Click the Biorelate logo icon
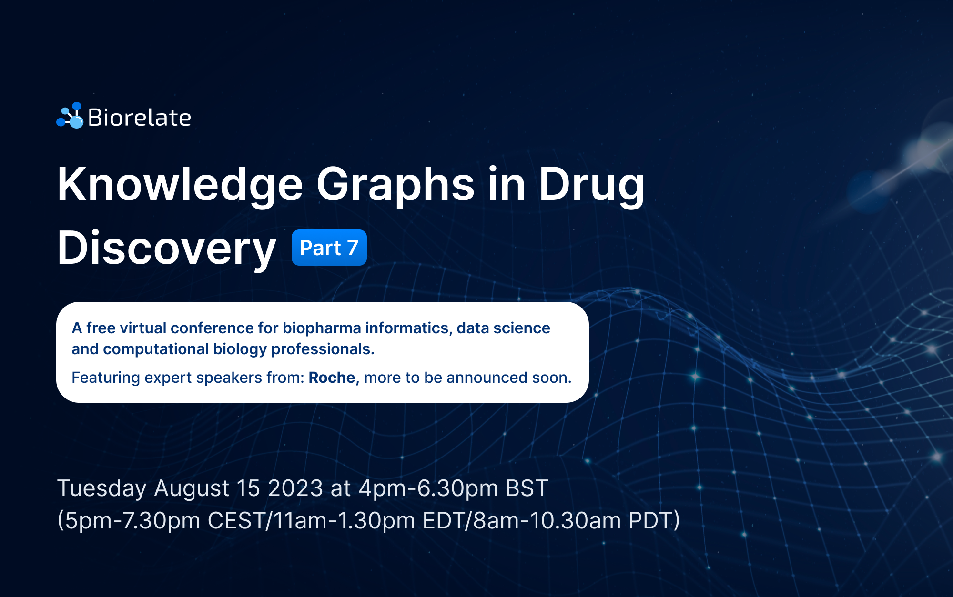70,115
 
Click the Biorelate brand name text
140,118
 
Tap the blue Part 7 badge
329,248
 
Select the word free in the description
101,328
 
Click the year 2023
295,488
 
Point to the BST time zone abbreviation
527,488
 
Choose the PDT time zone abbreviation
650,520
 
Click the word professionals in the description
323,349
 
